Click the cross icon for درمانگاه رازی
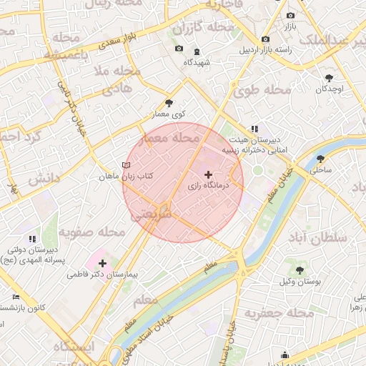[208, 174]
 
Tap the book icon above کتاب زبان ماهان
[127, 165]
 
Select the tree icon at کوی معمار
[169, 103]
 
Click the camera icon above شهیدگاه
[179, 49]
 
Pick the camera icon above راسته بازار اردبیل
[265, 39]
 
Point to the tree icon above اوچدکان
[329, 77]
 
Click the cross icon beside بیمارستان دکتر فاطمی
[103, 263]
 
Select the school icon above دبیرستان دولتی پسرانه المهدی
[31, 238]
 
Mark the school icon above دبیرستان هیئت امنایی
[254, 129]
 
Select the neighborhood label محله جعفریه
[280, 314]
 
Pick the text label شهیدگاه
[197, 62]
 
